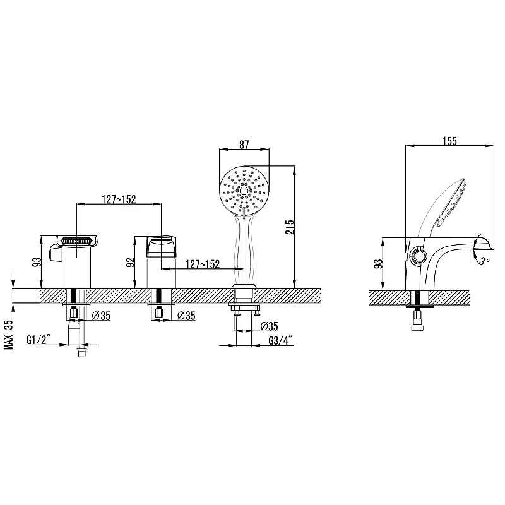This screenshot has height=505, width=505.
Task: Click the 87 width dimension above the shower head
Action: pos(244,145)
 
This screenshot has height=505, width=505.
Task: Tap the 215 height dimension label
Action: pos(290,227)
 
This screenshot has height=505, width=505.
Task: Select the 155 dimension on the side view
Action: pos(449,141)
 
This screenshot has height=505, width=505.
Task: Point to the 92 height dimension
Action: pos(130,263)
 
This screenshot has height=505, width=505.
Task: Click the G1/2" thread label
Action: pos(39,340)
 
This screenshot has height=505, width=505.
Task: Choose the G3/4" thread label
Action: pos(281,340)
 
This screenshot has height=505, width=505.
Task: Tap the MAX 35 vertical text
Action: pos(9,335)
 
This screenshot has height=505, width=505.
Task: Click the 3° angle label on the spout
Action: pos(482,260)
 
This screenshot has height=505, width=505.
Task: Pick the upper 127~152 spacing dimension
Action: pos(119,199)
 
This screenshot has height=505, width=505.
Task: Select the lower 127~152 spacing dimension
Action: pos(203,264)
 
